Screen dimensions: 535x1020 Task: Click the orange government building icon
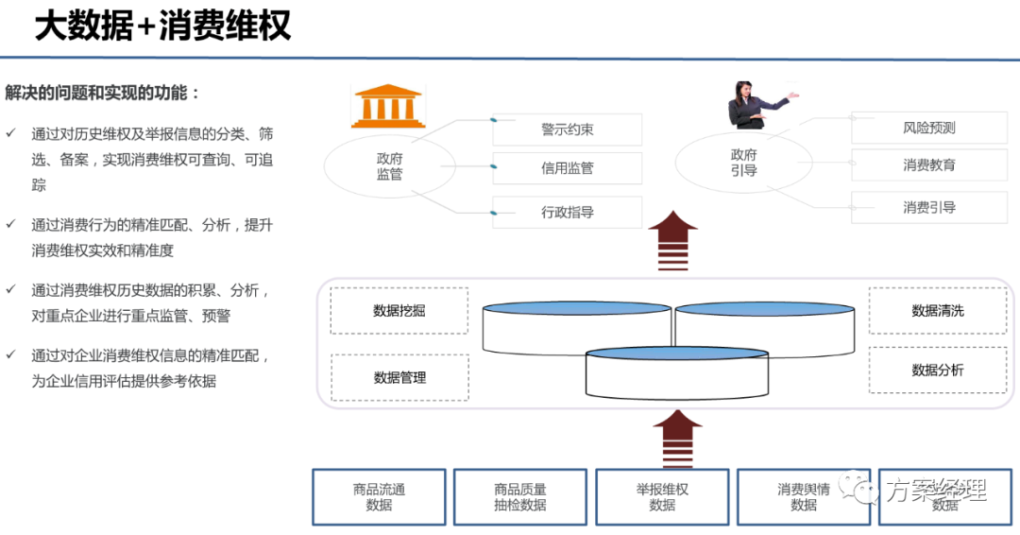point(387,106)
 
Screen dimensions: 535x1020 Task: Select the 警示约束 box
point(567,129)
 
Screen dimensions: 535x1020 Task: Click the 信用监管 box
point(567,168)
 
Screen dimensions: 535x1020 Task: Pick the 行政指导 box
point(567,213)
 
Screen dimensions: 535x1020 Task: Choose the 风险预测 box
point(928,128)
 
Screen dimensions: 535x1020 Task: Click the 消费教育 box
point(928,165)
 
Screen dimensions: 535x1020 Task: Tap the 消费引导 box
point(928,208)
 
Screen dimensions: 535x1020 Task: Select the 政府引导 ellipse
point(742,163)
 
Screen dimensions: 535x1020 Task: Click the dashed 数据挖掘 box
point(399,311)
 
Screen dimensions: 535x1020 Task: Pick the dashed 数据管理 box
point(399,378)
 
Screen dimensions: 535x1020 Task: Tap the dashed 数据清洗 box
point(937,311)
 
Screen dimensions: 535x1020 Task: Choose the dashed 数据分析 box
point(937,371)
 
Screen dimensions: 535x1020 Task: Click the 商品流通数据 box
point(379,497)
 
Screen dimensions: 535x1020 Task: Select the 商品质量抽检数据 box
point(519,497)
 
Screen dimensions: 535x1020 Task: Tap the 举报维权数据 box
point(661,497)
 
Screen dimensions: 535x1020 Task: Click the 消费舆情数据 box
point(803,497)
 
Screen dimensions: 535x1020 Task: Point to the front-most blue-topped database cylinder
point(675,374)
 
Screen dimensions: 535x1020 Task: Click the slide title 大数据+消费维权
point(162,26)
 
